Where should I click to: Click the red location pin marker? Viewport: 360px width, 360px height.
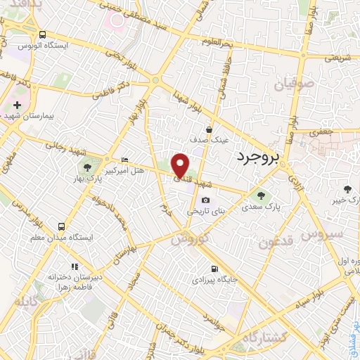click(x=181, y=165)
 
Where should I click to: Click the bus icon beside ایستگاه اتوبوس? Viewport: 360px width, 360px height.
click(x=44, y=35)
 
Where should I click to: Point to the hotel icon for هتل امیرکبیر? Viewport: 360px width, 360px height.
click(x=125, y=160)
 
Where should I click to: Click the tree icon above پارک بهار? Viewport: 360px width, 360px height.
click(x=87, y=167)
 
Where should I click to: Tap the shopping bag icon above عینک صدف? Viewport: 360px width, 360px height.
click(x=209, y=129)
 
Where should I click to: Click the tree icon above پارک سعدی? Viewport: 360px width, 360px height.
click(x=261, y=196)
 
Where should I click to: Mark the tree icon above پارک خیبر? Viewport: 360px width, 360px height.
click(x=346, y=188)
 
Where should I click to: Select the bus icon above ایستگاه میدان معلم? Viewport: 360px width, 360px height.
click(x=62, y=226)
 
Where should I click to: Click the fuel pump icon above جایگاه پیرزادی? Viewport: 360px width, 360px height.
click(x=214, y=269)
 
